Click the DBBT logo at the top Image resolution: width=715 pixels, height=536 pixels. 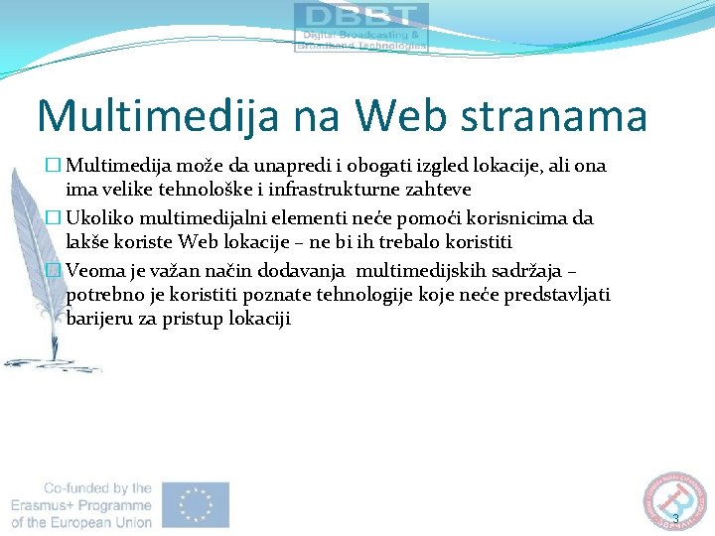(x=361, y=27)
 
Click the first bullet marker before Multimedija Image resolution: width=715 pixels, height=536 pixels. (x=56, y=166)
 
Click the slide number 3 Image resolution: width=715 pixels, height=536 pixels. (x=675, y=519)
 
